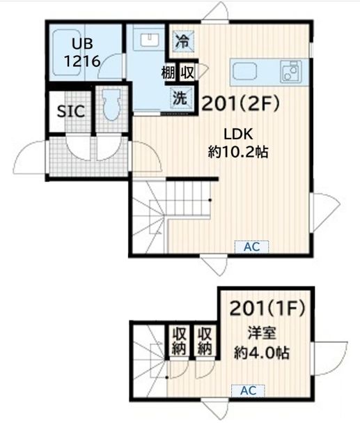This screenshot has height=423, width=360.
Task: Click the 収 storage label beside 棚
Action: (187, 72)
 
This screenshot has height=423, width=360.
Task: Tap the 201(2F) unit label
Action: (240, 104)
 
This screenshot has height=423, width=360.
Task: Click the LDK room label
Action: (237, 133)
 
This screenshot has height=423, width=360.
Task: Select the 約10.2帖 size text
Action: (238, 151)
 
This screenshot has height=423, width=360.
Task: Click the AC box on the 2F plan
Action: (251, 246)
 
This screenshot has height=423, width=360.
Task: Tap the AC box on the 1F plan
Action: (248, 391)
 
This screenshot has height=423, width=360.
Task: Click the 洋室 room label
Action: (260, 332)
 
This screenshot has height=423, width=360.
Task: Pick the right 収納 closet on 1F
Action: (205, 342)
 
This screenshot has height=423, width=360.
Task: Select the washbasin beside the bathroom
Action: (147, 40)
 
